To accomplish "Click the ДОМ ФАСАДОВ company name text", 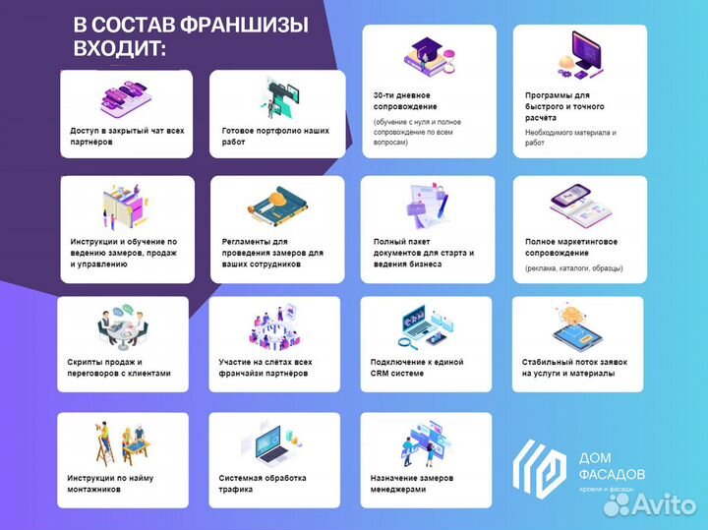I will (x=613, y=466).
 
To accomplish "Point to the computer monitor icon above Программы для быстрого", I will (x=581, y=55).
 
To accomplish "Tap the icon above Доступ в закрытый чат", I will (x=127, y=96).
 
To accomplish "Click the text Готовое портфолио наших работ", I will (x=275, y=136).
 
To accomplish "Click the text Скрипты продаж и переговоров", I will (x=119, y=368).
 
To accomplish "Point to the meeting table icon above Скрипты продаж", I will (x=123, y=326).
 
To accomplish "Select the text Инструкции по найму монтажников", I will (x=111, y=484).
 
